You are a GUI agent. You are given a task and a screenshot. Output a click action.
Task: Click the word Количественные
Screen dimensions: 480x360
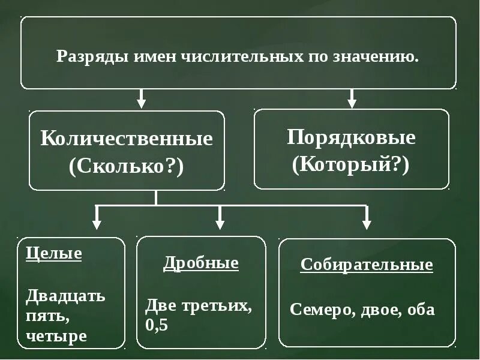coord(127,139)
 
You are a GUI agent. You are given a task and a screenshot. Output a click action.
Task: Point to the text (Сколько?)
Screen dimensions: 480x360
coord(127,166)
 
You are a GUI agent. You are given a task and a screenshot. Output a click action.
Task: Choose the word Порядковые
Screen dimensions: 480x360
coord(351,137)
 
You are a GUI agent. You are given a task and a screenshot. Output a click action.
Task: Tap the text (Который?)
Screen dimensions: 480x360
coord(351,164)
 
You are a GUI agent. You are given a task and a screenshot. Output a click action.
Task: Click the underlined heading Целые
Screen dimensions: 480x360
coord(54,253)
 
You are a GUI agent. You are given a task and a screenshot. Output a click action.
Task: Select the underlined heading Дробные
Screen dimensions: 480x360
coord(201,263)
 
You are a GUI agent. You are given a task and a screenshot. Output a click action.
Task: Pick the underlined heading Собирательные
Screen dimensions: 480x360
coord(367,265)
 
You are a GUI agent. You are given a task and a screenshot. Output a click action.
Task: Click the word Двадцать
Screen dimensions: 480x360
coord(66,295)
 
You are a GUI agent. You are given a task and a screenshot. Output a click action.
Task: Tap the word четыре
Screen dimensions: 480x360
coord(56,336)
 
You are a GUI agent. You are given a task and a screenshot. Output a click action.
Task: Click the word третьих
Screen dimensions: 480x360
coord(220,305)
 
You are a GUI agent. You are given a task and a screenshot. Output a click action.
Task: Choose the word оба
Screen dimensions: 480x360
coord(421,310)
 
